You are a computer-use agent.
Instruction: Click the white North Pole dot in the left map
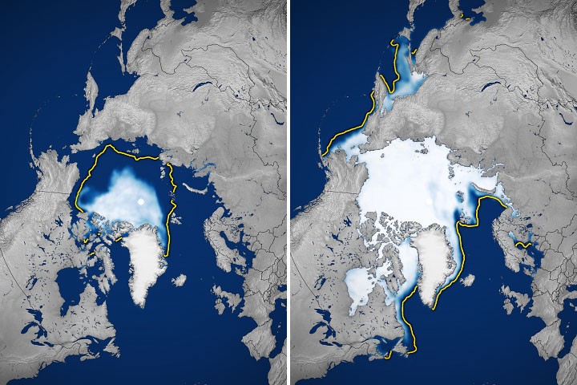coord(142,201)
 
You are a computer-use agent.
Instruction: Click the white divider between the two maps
coord(288,192)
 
